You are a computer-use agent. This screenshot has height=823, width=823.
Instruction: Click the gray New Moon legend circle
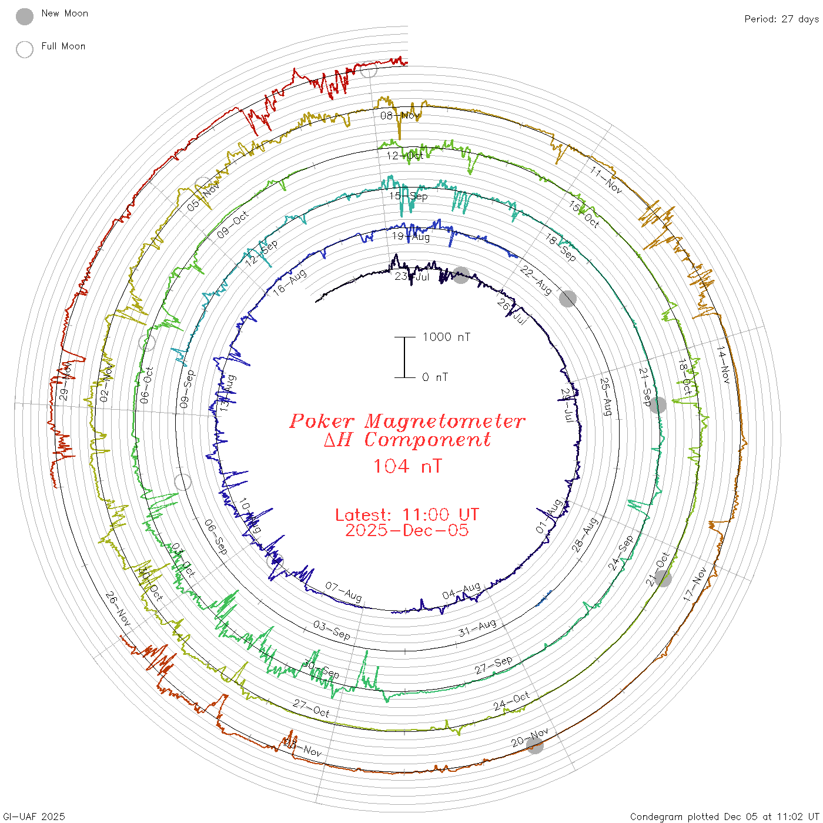(x=25, y=16)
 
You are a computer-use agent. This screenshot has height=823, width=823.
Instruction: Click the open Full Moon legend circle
(x=25, y=49)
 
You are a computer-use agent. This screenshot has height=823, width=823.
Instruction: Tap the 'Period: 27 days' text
(x=781, y=19)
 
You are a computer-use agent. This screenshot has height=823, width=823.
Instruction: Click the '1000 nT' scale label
(x=446, y=337)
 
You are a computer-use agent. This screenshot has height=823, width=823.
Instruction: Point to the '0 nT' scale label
(x=435, y=377)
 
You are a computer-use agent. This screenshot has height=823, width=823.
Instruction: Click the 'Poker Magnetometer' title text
(x=407, y=421)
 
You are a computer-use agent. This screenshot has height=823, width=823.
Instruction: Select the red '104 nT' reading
(x=407, y=466)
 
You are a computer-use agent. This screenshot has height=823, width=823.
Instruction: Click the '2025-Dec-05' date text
(x=407, y=530)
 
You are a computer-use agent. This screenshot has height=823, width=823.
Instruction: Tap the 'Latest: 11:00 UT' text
(x=407, y=515)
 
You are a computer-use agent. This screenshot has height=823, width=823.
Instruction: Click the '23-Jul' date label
(x=412, y=276)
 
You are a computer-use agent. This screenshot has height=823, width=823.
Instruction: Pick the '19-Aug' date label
(x=411, y=236)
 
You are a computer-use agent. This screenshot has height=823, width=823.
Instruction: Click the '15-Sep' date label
(x=409, y=196)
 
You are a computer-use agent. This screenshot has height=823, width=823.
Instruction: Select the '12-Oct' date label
(x=405, y=156)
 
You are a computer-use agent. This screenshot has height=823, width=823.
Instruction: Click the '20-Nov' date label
(x=530, y=737)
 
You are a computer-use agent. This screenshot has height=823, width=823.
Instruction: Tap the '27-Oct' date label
(x=312, y=708)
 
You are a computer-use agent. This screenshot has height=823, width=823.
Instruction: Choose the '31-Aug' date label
(x=477, y=628)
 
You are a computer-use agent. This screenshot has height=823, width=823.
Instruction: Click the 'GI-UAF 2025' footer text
(x=34, y=817)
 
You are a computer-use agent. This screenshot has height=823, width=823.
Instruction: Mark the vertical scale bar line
(x=404, y=357)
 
